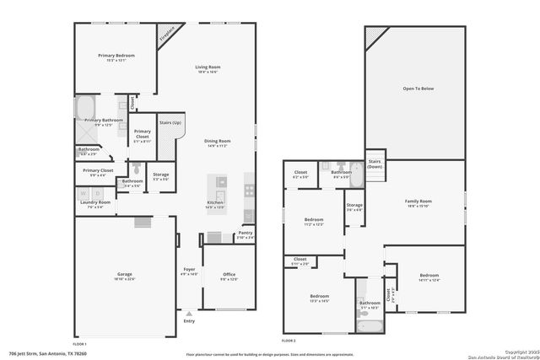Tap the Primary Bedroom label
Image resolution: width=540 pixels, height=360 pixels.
coord(116,56)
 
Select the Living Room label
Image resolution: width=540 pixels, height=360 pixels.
coord(207,67)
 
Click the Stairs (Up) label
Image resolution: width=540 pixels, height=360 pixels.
coord(170,123)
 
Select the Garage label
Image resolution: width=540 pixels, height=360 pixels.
coord(125,274)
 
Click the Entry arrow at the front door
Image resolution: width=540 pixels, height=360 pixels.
coord(188,314)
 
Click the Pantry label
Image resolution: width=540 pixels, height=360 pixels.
coord(245,233)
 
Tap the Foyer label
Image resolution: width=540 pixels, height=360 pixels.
coord(189,270)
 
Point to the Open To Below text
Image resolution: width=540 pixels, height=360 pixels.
coord(418,87)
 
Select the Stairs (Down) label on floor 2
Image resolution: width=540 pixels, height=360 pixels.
coord(375,164)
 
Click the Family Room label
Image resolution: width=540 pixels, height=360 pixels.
coord(418,201)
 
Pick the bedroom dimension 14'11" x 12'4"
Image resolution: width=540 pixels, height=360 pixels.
coord(429,281)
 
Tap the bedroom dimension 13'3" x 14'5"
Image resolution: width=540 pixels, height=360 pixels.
coord(319,301)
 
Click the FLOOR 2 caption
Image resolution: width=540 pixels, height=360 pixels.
coord(289,341)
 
